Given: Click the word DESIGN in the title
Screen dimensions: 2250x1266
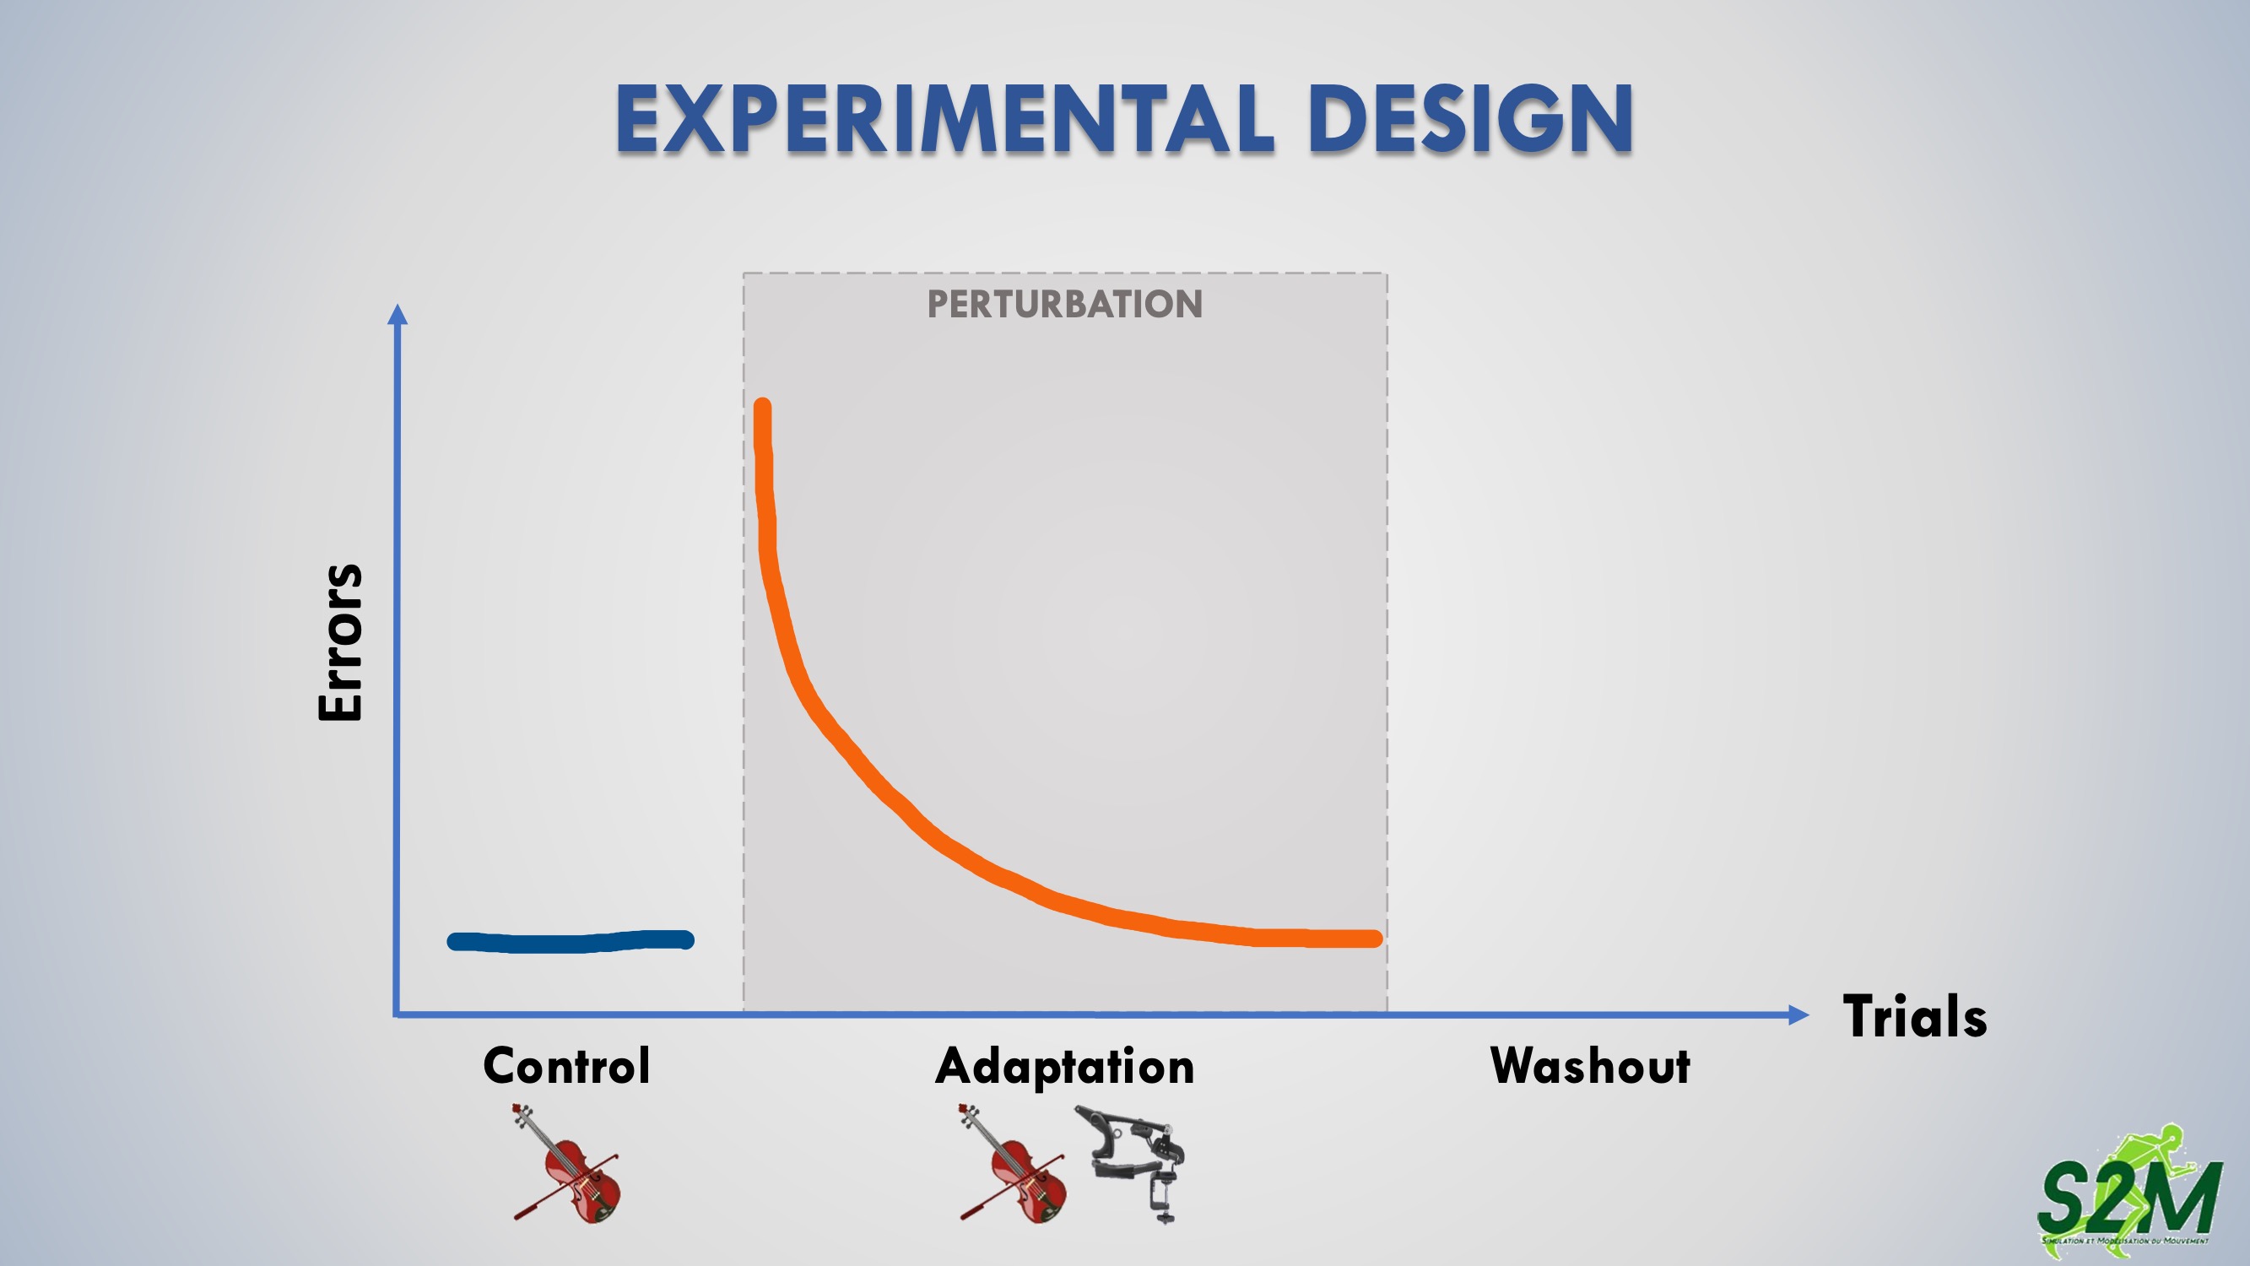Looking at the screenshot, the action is click(1471, 119).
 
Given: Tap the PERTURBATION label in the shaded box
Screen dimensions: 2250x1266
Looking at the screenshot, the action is click(1065, 304).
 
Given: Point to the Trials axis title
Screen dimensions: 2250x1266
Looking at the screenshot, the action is click(1915, 1016).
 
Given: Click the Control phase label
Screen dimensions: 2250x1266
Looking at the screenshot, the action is click(567, 1066).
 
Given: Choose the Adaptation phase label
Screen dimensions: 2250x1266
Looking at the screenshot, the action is click(1065, 1067).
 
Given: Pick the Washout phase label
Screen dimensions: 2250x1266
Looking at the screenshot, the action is click(1590, 1066).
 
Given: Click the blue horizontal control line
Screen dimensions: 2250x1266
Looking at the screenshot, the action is click(571, 941).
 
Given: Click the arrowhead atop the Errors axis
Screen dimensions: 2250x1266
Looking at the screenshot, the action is click(398, 314).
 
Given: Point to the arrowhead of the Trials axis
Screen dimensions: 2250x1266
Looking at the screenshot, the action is click(1798, 1014).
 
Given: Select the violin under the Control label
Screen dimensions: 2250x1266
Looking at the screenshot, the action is click(567, 1163).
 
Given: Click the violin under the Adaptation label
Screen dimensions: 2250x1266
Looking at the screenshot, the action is click(1014, 1163).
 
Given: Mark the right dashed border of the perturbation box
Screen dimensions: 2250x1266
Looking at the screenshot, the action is click(1387, 643).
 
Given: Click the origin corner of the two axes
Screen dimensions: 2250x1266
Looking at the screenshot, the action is click(397, 1014).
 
